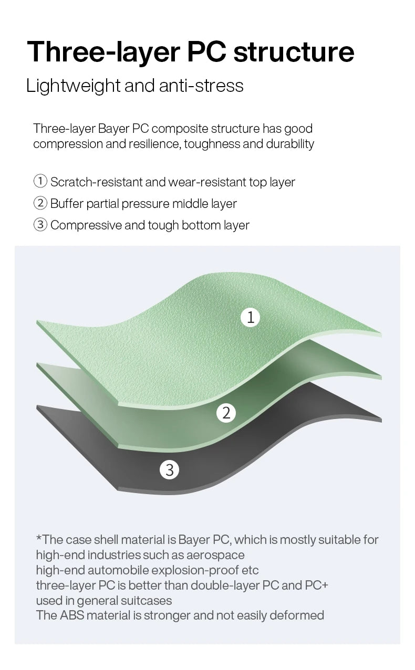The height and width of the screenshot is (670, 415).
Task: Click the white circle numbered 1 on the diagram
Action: point(251,317)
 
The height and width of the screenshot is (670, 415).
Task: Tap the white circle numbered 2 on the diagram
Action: point(226,413)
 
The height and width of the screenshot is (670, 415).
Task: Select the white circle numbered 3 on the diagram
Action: point(169,469)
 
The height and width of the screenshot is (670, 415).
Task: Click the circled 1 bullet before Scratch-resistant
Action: point(40,181)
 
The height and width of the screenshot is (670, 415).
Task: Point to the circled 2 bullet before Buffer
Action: point(40,203)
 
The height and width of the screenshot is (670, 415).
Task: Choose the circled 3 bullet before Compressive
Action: point(40,225)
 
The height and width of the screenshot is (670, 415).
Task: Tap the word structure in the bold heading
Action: point(294,52)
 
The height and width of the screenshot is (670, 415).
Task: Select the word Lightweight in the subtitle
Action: point(74,86)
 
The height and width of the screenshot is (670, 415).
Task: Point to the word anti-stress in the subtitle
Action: point(201,86)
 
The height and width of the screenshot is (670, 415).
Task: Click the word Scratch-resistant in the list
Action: point(96,182)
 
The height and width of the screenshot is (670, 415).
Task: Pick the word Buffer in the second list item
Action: point(67,203)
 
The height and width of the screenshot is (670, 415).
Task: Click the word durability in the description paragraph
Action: point(290,144)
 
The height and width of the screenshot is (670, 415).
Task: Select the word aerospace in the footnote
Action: point(215,555)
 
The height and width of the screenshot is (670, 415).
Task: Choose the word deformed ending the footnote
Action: point(297,615)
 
